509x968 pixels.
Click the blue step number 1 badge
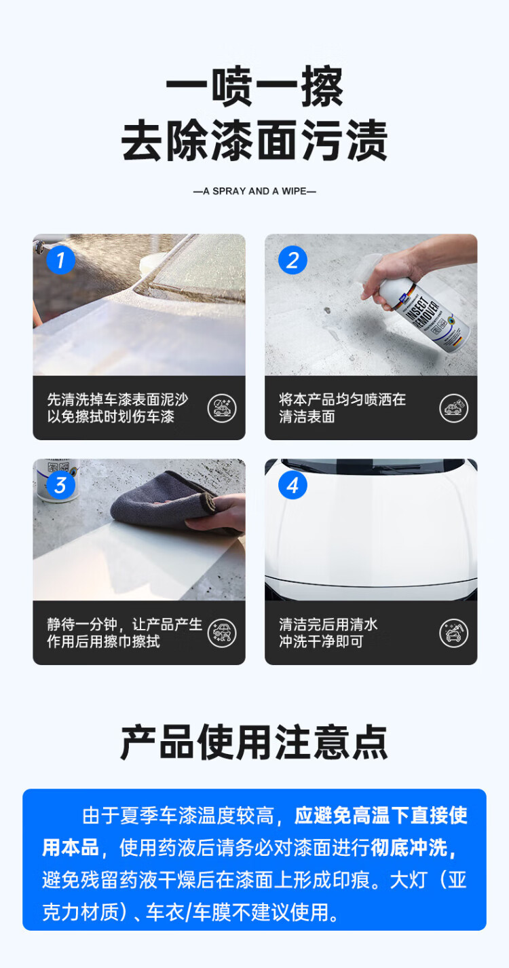coord(60,260)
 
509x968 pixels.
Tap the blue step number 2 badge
coord(293,260)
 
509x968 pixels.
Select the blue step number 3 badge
coord(60,485)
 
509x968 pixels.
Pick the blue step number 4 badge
coord(293,485)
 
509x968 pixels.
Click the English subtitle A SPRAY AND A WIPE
coord(254,191)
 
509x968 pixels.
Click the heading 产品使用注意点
coord(254,742)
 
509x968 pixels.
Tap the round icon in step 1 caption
coord(222,408)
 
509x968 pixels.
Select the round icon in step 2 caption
coord(454,408)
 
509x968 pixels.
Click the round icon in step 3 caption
coord(222,633)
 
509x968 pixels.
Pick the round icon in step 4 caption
coord(454,633)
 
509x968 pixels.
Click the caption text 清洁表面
coord(307,416)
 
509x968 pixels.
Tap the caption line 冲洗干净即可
coord(321,642)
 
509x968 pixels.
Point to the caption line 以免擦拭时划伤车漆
coord(111,416)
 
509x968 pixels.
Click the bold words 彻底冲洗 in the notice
coord(409,848)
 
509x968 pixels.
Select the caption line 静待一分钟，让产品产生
coord(125,624)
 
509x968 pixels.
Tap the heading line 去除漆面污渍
coord(254,141)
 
